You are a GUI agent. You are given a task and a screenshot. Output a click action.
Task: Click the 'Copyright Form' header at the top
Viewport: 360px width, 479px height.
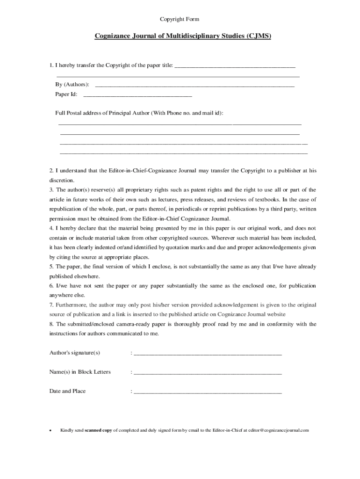pos(180,19)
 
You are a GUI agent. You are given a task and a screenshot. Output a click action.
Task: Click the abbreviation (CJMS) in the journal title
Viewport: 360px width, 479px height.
pos(259,36)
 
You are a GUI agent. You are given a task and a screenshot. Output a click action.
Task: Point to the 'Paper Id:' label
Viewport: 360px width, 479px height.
pos(66,94)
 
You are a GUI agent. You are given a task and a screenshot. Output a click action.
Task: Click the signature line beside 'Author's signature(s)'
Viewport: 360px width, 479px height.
pos(208,353)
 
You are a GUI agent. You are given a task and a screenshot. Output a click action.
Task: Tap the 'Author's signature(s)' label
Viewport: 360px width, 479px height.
pos(75,352)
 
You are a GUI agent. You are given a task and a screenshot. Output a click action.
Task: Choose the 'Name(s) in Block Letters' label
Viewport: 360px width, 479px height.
pos(80,372)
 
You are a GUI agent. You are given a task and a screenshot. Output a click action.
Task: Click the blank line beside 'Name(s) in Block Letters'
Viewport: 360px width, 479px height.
pos(208,373)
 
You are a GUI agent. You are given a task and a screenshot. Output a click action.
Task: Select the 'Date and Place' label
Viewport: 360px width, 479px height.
pos(67,391)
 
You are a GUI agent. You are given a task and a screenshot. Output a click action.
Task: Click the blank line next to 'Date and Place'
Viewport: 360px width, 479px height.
pos(208,392)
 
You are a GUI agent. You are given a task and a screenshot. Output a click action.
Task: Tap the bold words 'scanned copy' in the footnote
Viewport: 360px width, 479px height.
pos(98,430)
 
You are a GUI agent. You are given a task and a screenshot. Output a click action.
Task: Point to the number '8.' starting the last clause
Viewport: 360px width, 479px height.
pos(52,324)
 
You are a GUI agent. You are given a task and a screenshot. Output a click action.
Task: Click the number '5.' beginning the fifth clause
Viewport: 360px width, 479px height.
pos(52,267)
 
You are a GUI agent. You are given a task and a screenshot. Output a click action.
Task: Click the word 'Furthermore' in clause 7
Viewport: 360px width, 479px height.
pos(69,305)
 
